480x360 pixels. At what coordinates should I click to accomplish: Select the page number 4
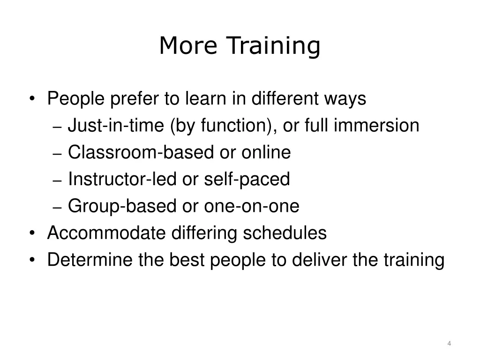(449, 344)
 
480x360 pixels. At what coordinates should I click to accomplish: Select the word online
(266, 152)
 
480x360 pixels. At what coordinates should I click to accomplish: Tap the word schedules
(284, 232)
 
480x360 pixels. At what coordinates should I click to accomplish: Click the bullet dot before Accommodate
(31, 233)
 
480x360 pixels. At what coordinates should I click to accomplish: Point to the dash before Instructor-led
(58, 180)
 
